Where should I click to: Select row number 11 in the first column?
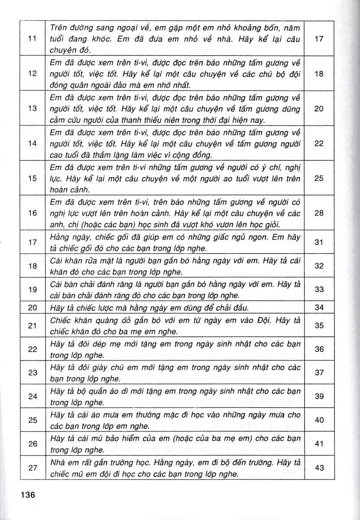[x=31, y=39]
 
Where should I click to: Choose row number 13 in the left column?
[x=31, y=109]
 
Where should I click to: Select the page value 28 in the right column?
[x=319, y=213]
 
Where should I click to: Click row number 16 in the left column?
[x=31, y=213]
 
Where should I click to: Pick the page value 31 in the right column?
[x=319, y=242]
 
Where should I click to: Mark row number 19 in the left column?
[x=31, y=289]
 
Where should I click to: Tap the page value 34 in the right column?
[x=319, y=308]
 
